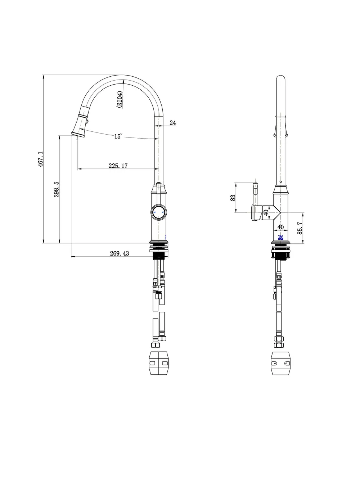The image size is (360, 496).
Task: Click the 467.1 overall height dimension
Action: point(40,159)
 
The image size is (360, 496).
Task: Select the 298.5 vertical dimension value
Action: point(57,189)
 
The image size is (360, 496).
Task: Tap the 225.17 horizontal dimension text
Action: point(118,166)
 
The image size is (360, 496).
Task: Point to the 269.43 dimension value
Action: point(119,253)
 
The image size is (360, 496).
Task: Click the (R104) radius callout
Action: point(119,99)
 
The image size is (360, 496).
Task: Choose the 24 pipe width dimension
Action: point(173,123)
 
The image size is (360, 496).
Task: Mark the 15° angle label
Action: point(118,136)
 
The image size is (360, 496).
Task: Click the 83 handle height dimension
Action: point(233,198)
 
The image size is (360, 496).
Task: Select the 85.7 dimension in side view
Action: point(300,228)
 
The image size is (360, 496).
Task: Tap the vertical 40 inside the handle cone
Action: point(266,212)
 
